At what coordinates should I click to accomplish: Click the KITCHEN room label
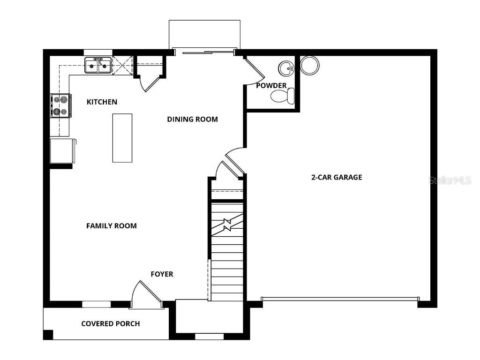102,102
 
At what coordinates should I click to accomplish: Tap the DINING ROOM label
192,119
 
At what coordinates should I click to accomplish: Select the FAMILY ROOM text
112,225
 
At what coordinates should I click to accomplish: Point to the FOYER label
162,274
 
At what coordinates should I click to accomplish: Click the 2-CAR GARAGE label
337,177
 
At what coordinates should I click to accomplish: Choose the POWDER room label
271,85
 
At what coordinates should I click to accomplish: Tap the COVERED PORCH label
110,323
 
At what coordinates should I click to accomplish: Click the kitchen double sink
98,66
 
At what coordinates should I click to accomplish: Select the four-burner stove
61,105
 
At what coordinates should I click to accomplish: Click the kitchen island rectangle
122,138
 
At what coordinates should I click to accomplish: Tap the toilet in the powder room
283,97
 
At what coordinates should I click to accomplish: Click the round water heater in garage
309,66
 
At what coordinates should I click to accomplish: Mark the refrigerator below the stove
62,150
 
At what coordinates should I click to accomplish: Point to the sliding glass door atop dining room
204,52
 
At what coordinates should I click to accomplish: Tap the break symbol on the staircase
227,225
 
